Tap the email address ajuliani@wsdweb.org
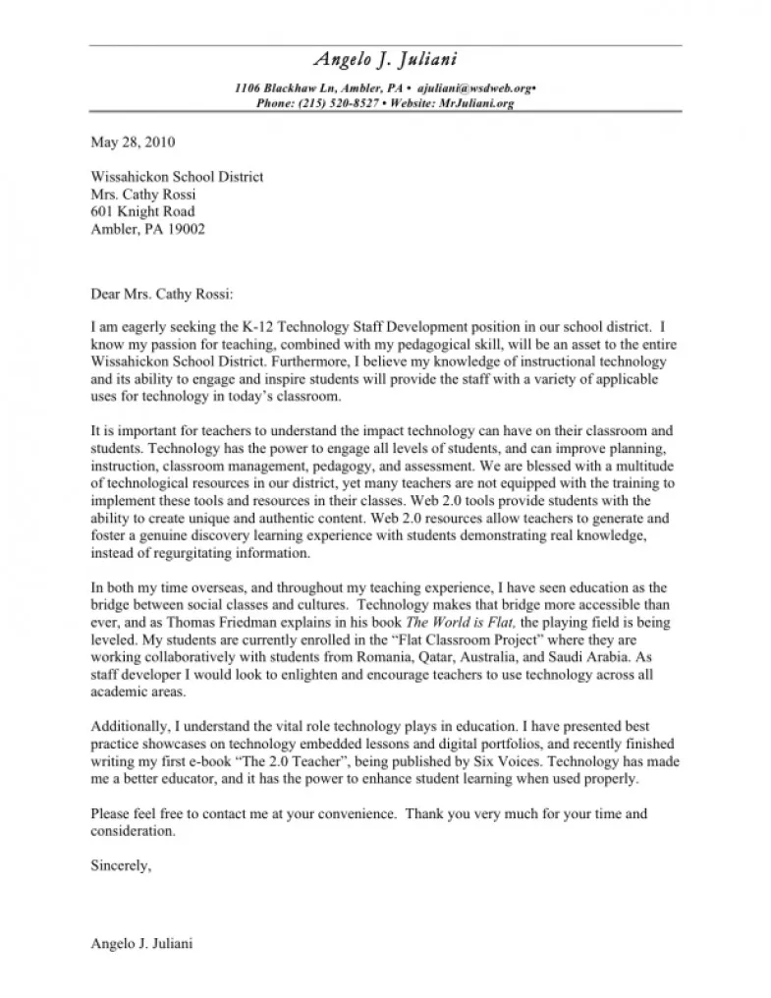point(474,88)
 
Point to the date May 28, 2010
point(133,141)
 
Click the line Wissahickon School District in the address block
point(177,177)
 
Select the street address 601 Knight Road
point(142,211)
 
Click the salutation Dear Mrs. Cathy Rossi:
point(163,293)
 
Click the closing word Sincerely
point(120,865)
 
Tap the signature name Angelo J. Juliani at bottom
point(141,944)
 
